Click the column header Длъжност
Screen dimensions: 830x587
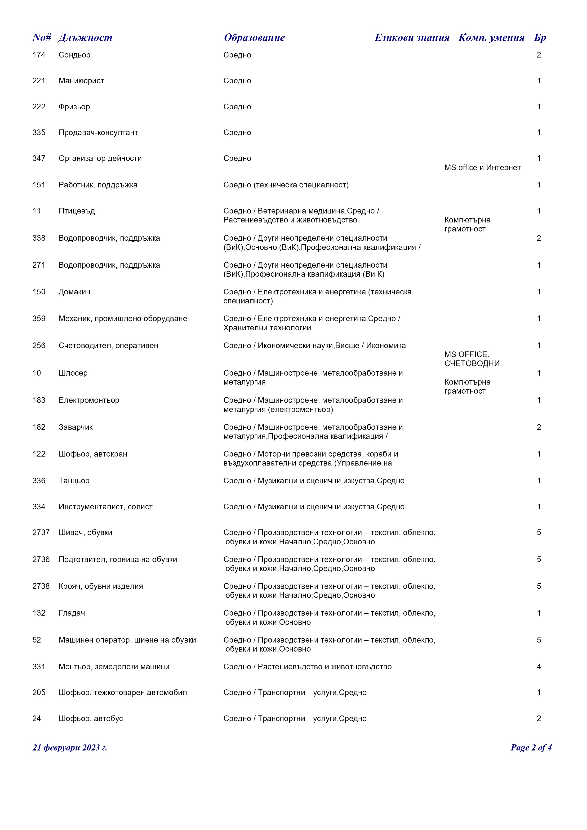click(x=85, y=38)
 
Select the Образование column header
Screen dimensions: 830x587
click(x=254, y=38)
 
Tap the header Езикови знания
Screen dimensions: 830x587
click(x=412, y=38)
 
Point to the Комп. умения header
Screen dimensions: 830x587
click(x=491, y=38)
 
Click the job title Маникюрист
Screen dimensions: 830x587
click(x=81, y=81)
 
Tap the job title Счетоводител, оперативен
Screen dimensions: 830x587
click(x=108, y=346)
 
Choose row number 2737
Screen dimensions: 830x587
click(x=41, y=533)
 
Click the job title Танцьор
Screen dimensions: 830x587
click(x=74, y=481)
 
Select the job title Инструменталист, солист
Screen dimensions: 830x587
click(x=106, y=507)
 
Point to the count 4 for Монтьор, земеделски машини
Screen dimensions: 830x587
click(x=538, y=667)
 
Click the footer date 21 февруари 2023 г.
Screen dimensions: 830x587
click(x=70, y=748)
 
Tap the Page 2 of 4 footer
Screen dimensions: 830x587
click(x=531, y=748)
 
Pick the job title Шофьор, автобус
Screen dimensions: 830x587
click(x=91, y=719)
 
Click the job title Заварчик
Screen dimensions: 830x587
click(x=76, y=427)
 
